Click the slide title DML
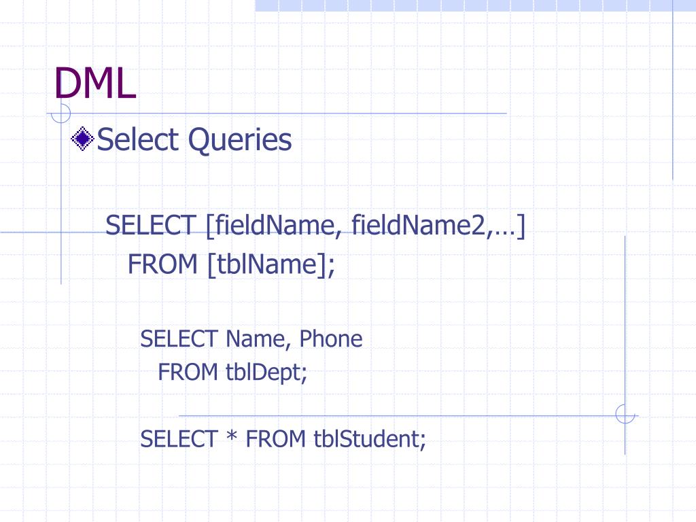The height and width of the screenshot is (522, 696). tap(95, 84)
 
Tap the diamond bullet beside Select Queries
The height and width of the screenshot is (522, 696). tap(83, 139)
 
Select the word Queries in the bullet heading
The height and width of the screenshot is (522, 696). tap(240, 141)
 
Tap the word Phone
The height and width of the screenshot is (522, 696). tap(331, 338)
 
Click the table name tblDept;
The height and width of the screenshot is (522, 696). tap(266, 372)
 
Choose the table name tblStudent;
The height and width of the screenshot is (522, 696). tap(370, 439)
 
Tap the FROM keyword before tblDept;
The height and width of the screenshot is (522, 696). tap(188, 372)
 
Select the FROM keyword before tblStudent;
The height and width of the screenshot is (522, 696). tap(276, 439)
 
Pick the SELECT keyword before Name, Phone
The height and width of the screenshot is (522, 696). tap(179, 338)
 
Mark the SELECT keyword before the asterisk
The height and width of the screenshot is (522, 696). tap(178, 439)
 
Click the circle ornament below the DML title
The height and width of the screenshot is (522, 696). tap(62, 112)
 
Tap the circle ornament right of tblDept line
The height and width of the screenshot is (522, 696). tap(625, 414)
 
